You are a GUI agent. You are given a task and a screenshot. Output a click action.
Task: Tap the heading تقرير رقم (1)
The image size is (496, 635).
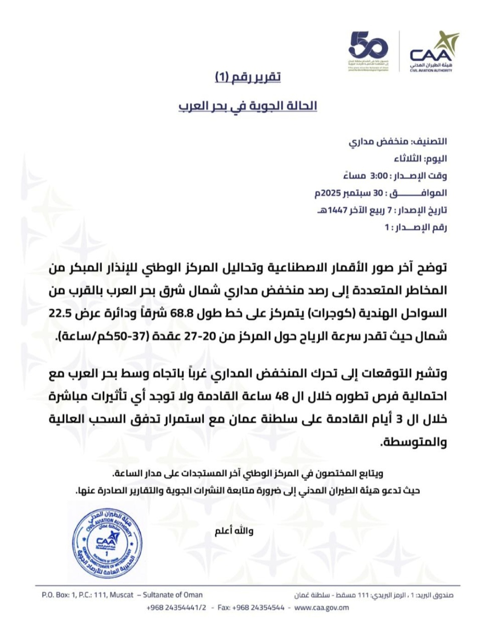pyautogui.click(x=248, y=77)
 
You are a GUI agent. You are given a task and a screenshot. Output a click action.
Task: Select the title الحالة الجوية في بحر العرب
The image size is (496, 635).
pyautogui.click(x=248, y=106)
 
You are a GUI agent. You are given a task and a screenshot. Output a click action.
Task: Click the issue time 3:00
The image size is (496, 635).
pyautogui.click(x=379, y=176)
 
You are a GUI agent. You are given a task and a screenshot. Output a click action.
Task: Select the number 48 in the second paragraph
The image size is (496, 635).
pyautogui.click(x=281, y=396)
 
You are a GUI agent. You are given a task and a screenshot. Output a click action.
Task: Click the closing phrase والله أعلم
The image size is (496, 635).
pyautogui.click(x=234, y=531)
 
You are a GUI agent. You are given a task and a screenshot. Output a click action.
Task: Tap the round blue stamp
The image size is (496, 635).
pyautogui.click(x=107, y=544)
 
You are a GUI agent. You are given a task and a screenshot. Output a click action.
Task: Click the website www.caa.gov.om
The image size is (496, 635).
pyautogui.click(x=321, y=607)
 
